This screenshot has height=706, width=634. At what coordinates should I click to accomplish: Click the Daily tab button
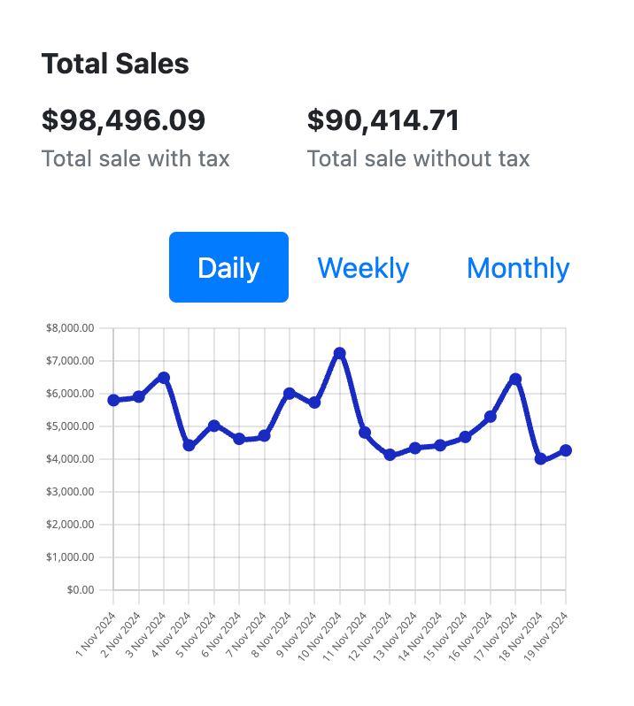click(x=228, y=267)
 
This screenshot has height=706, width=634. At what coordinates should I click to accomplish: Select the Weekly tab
click(x=363, y=267)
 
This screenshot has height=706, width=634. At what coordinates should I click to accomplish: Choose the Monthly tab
click(x=518, y=267)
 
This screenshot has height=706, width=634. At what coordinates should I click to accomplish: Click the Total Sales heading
click(x=115, y=64)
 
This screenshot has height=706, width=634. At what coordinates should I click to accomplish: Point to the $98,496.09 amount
click(x=123, y=119)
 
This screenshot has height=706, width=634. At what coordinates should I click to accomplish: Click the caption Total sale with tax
click(x=135, y=159)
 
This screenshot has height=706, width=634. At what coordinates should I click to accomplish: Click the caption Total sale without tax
click(x=418, y=159)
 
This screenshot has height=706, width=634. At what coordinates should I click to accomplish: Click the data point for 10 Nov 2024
click(x=339, y=353)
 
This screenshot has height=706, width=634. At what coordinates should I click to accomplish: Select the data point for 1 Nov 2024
click(x=113, y=400)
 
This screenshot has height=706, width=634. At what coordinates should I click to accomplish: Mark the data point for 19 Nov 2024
click(x=566, y=450)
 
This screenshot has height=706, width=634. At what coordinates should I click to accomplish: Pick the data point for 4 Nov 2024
click(x=189, y=445)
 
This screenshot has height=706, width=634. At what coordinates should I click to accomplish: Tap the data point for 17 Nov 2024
click(x=515, y=379)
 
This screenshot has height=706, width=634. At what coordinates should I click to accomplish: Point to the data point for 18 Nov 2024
click(x=540, y=459)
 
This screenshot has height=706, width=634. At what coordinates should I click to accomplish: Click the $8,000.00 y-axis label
click(x=70, y=328)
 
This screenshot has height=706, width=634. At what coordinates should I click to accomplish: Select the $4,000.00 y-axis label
click(x=70, y=459)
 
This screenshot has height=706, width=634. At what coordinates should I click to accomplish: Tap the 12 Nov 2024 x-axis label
click(x=372, y=636)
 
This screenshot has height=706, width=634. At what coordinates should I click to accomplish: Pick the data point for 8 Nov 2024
click(x=289, y=393)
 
